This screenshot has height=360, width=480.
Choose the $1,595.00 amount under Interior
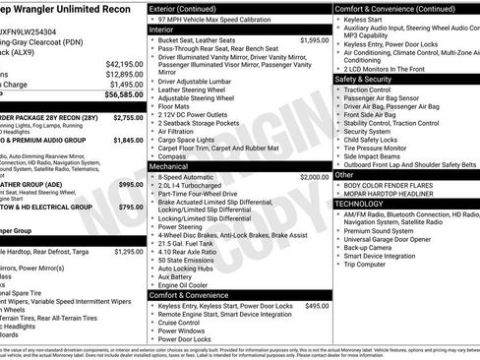[310, 40]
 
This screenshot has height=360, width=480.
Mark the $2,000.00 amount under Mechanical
[310, 177]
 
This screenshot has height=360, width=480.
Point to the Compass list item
[174, 155]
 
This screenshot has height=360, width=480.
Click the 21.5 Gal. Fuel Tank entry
[193, 243]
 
